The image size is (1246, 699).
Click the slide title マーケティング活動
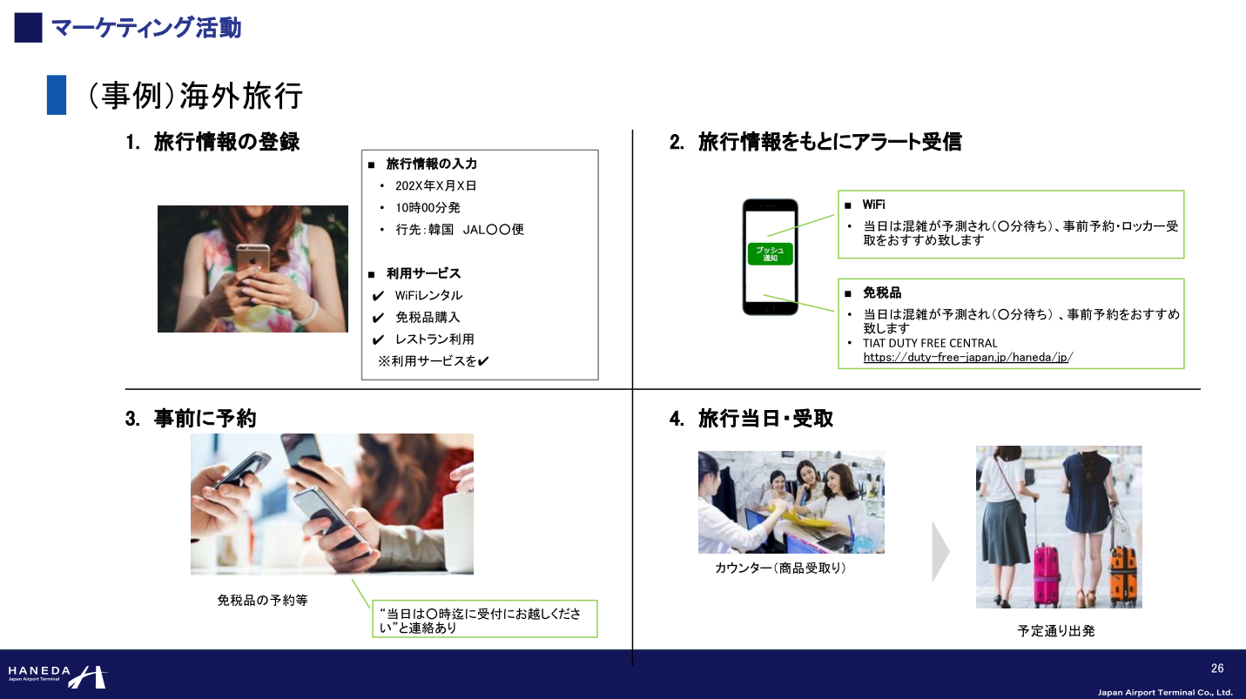[x=145, y=28]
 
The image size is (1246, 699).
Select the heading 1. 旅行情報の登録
[x=213, y=142]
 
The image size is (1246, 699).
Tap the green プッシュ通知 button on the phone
[x=770, y=254]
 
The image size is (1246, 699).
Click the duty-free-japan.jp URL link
[x=967, y=357]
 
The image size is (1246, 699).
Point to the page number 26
[x=1217, y=669]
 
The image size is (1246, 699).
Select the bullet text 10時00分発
[x=428, y=207]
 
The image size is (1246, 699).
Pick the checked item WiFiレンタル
[x=428, y=295]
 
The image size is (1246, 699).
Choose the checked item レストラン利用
[x=434, y=339]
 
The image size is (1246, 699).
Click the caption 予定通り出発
[x=1056, y=631]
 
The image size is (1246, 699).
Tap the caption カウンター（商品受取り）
[x=780, y=568]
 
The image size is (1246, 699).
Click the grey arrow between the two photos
[x=940, y=552]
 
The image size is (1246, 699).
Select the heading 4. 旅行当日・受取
[x=751, y=419]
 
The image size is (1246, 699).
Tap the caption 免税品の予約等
[x=262, y=601]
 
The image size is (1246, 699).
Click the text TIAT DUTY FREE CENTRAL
[x=930, y=343]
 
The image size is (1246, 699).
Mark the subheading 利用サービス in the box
[x=423, y=273]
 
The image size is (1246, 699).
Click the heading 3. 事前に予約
[x=191, y=419]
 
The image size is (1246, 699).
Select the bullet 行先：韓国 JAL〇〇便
[x=459, y=230]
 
